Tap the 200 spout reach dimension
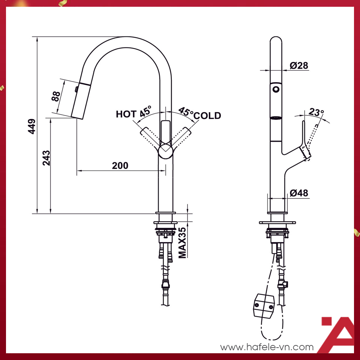point(120,165)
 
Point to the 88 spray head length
point(55,96)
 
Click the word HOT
point(126,114)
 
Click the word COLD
point(207,115)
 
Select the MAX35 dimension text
point(183,243)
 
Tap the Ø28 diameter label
point(299,66)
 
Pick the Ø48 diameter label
point(299,193)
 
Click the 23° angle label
point(316,112)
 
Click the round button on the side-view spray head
point(276,90)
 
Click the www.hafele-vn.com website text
point(267,347)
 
